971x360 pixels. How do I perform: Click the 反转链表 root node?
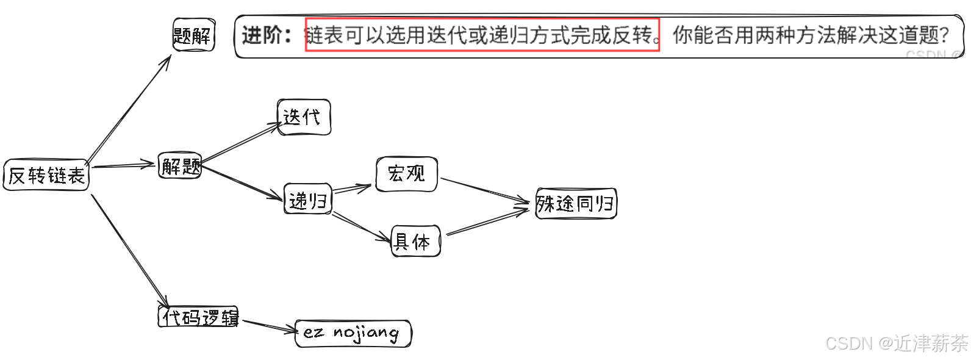pyautogui.click(x=46, y=176)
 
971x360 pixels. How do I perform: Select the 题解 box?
pyautogui.click(x=193, y=35)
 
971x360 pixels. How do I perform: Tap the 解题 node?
pyautogui.click(x=180, y=165)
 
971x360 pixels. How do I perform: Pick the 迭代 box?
pyautogui.click(x=304, y=117)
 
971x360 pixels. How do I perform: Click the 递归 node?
pyautogui.click(x=308, y=200)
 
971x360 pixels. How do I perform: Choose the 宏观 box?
pyautogui.click(x=406, y=174)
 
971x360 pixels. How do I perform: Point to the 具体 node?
pyautogui.click(x=415, y=242)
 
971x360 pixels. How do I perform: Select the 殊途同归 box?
pyautogui.click(x=576, y=203)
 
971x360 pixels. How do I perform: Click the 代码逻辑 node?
pyautogui.click(x=199, y=317)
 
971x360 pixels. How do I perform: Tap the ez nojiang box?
pyautogui.click(x=353, y=333)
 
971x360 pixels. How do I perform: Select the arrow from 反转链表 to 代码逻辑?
pyautogui.click(x=129, y=250)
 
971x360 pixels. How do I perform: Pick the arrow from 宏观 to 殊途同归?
pyautogui.click(x=485, y=190)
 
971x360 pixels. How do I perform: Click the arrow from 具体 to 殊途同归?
pyautogui.click(x=488, y=223)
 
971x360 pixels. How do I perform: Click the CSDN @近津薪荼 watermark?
pyautogui.click(x=896, y=344)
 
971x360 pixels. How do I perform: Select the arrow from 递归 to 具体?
pyautogui.click(x=361, y=226)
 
